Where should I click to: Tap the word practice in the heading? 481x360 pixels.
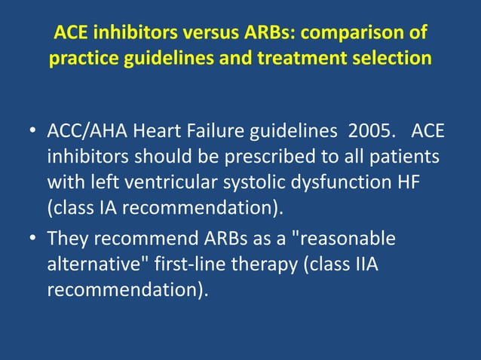pyautogui.click(x=81, y=58)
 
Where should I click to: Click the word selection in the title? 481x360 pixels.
pyautogui.click(x=388, y=58)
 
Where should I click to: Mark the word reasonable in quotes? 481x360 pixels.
pyautogui.click(x=342, y=239)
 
